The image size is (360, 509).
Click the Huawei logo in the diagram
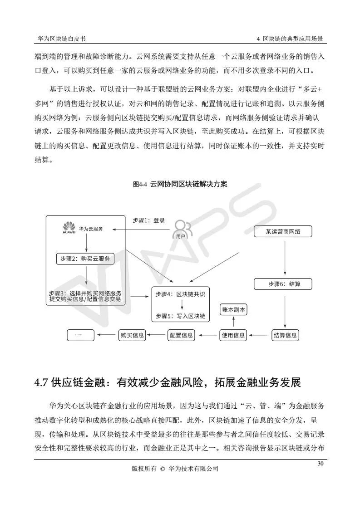tap(69, 227)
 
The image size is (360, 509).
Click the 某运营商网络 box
tap(283, 231)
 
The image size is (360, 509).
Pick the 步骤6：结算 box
tap(284, 284)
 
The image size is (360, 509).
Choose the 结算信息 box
tap(285, 335)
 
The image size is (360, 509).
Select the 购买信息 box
tap(132, 335)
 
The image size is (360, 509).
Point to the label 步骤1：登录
tap(148, 220)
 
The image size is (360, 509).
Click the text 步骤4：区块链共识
tap(180, 294)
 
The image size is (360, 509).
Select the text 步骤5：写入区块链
tap(180, 316)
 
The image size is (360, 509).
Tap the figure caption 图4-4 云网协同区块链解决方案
tap(180, 185)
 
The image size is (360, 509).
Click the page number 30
tap(321, 464)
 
